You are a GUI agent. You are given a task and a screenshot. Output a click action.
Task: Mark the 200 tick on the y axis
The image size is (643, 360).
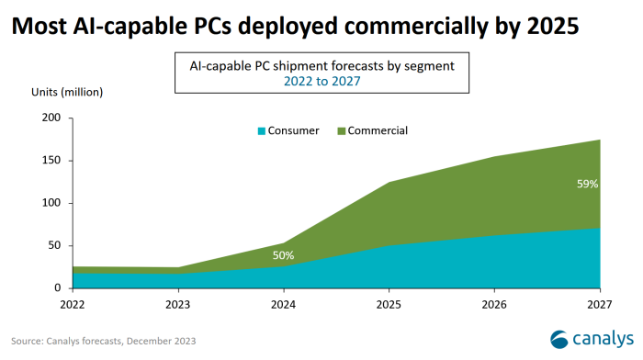[x=51, y=118]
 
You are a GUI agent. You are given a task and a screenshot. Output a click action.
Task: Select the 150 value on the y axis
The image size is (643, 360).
[x=51, y=161]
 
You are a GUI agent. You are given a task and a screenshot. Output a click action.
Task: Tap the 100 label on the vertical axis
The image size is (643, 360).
[x=51, y=203]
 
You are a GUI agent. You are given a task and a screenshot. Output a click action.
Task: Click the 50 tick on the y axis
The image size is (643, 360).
[x=54, y=245]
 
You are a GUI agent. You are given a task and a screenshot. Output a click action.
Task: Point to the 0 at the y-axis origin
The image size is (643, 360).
[x=58, y=287]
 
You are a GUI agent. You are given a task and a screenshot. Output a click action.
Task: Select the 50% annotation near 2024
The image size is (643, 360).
[x=284, y=255]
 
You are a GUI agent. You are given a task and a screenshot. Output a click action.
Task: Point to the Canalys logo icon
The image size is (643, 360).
[x=562, y=338]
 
